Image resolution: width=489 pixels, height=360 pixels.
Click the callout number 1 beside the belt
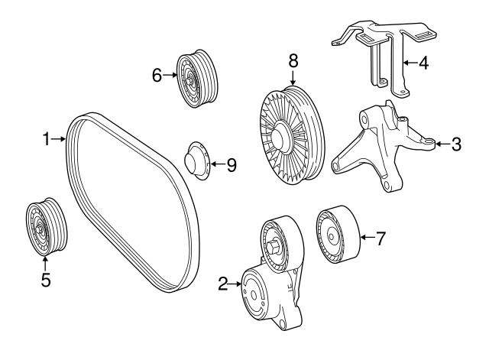46,139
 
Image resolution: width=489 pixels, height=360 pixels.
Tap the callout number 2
223,284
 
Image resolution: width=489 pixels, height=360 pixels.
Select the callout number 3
456,144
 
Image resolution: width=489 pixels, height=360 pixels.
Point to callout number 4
423,63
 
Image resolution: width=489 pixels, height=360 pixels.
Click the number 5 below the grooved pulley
46,280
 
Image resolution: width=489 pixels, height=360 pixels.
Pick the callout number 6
157,75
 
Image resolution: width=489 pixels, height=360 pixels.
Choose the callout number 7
381,238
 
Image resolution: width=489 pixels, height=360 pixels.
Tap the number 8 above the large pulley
293,61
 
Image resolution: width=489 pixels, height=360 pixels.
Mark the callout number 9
231,165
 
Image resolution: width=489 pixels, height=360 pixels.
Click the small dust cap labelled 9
197,161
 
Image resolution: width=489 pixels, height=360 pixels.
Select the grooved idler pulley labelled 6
196,79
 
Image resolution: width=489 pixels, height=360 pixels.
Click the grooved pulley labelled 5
46,227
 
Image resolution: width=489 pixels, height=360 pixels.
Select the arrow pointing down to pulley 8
293,78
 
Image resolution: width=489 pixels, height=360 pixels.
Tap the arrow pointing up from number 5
46,264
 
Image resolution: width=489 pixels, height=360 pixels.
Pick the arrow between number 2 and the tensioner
235,284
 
